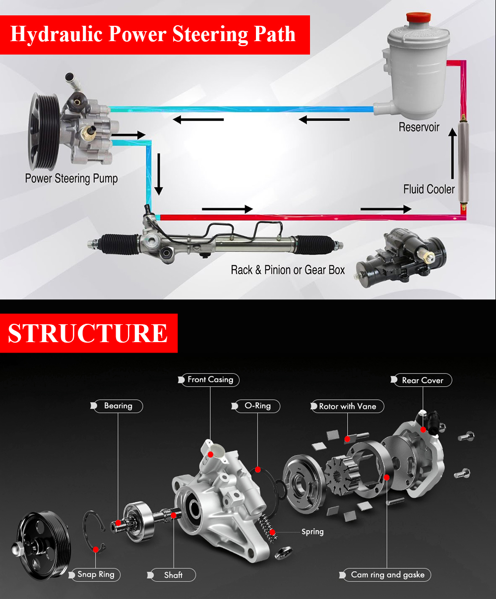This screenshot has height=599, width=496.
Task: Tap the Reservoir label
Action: [419, 127]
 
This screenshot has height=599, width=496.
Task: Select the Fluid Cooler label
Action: [429, 189]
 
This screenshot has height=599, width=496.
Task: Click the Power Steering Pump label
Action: [71, 179]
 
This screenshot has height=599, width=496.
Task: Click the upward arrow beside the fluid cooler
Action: [453, 153]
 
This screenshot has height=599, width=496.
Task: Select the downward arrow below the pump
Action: [158, 174]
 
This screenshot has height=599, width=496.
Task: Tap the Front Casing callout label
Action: [210, 380]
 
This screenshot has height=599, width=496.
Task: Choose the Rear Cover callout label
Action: [423, 380]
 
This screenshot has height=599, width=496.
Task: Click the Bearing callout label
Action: [118, 406]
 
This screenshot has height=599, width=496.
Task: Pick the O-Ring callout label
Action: [257, 406]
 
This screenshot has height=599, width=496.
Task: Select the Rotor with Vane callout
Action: [347, 406]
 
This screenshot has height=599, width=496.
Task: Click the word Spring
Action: [312, 532]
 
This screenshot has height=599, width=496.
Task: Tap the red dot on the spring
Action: [272, 533]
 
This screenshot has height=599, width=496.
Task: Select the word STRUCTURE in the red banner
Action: [88, 333]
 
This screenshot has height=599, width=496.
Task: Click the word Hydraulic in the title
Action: [56, 34]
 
